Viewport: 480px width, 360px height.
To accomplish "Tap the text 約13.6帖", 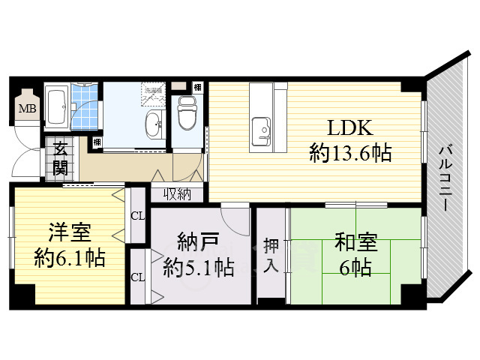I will [x=349, y=154].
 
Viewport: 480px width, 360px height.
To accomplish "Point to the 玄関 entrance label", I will [x=60, y=157].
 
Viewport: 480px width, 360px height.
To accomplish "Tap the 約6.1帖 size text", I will [x=69, y=259].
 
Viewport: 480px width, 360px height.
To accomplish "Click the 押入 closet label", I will [x=271, y=255].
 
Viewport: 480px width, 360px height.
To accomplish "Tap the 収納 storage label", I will [x=178, y=194].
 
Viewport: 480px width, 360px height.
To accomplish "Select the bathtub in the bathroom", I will [x=57, y=106].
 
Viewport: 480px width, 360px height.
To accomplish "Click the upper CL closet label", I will [x=137, y=216].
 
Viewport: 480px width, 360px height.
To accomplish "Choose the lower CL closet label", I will [x=137, y=277].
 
